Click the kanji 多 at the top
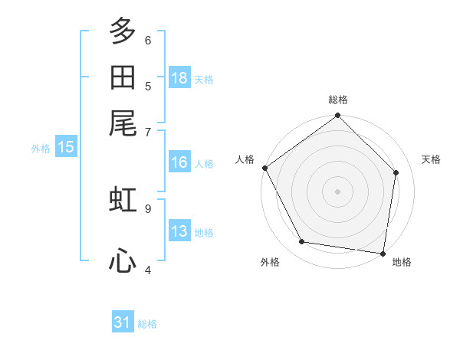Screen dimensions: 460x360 click(123, 31)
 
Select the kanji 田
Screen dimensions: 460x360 click(123, 77)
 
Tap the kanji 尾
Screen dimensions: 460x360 click(123, 123)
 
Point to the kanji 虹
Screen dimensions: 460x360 click(123, 199)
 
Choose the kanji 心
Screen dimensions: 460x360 click(123, 260)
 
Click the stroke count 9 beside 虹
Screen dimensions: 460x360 click(148, 209)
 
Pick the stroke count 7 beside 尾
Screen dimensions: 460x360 click(148, 133)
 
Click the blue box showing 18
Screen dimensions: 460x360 click(179, 77)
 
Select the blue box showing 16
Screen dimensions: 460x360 click(179, 162)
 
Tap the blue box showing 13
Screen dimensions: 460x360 click(179, 230)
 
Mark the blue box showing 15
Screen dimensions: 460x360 click(66, 146)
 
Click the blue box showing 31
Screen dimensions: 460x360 click(123, 321)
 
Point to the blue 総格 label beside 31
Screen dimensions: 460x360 click(147, 324)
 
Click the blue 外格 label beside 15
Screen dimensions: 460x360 click(41, 149)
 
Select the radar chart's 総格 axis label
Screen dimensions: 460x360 click(338, 100)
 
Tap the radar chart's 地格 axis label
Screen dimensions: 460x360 click(402, 262)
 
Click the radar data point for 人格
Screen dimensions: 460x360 click(265, 168)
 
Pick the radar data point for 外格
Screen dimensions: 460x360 click(302, 241)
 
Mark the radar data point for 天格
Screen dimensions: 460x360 click(396, 172)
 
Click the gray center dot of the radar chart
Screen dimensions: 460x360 click(337, 191)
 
